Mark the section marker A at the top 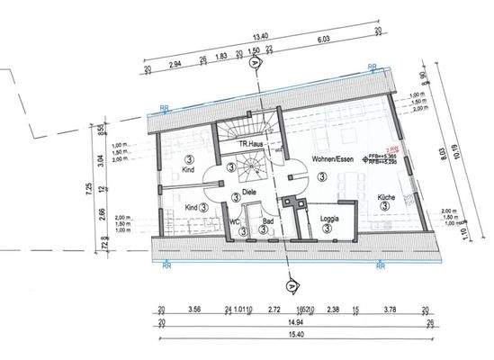pyautogui.click(x=256, y=64)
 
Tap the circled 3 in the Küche pyautogui.click(x=384, y=206)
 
